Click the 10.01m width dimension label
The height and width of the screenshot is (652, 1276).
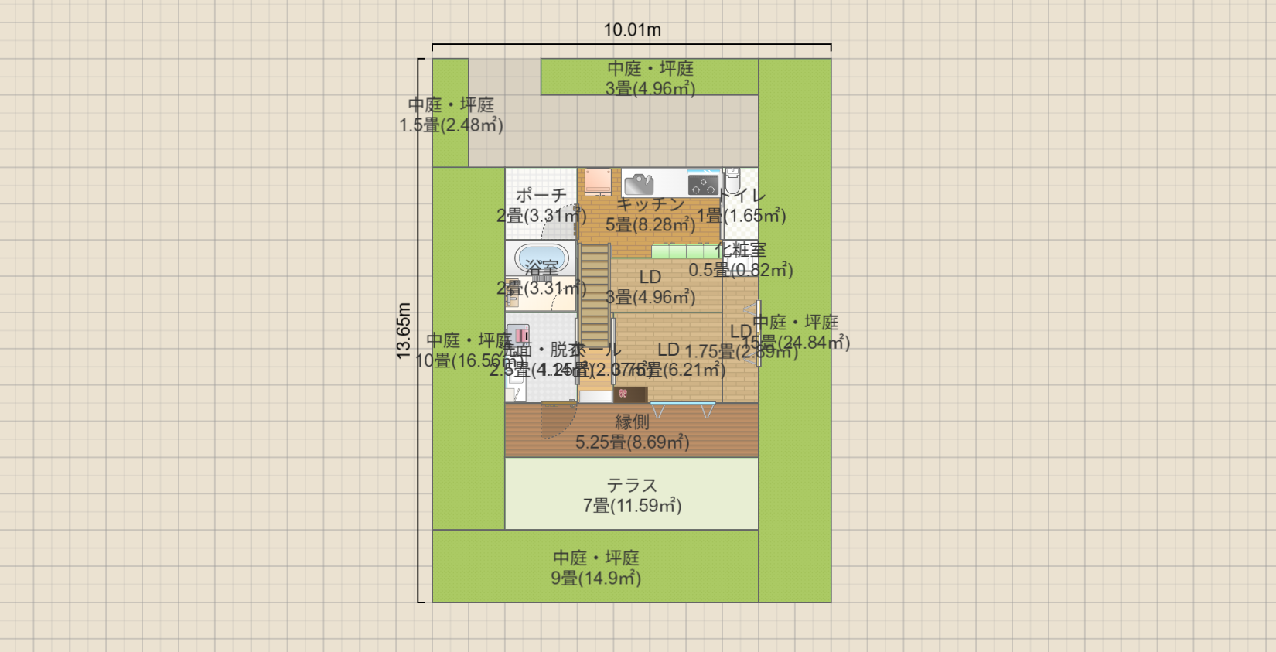pos(632,30)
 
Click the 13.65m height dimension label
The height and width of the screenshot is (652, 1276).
pos(404,330)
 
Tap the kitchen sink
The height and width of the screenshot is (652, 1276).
pos(639,184)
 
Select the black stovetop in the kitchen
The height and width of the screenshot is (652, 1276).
pos(703,184)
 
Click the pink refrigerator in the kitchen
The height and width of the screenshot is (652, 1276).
pos(597,182)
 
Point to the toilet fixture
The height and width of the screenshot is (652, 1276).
pos(732,182)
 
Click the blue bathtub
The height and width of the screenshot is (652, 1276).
pos(541,258)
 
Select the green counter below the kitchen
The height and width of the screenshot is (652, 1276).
pos(684,251)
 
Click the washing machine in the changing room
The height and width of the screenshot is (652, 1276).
pos(517,335)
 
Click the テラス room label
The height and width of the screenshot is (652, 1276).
pos(632,485)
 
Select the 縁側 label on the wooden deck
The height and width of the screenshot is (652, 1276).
pos(632,422)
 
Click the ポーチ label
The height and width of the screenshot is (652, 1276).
pos(541,195)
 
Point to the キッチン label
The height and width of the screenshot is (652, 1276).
pos(650,204)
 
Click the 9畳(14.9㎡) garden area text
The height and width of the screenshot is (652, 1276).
pos(595,579)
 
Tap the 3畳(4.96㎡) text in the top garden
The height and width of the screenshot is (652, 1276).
pos(650,89)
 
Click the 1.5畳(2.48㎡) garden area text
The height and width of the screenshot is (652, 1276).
pos(451,125)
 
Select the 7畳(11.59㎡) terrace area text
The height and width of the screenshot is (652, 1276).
pos(632,506)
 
